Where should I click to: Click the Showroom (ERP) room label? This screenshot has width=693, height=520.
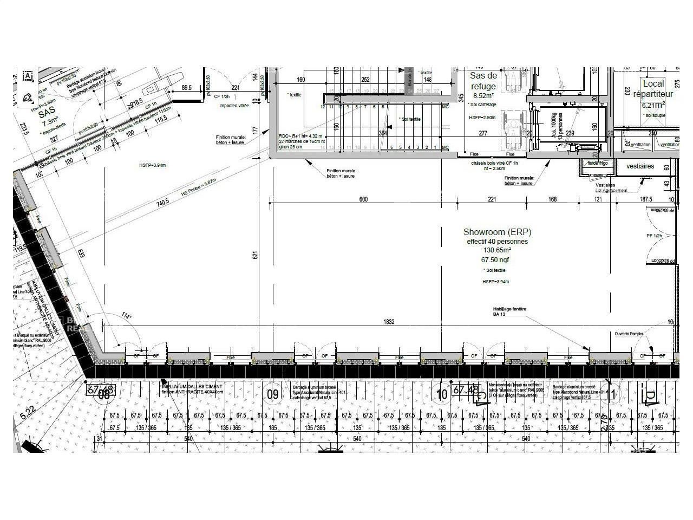coord(497,232)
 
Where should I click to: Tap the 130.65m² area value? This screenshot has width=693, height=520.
coord(497,251)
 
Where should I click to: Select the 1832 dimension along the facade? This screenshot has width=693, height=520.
coord(389,322)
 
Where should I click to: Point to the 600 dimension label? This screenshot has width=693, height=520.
coord(363,199)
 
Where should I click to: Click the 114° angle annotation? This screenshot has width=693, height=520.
coord(126,316)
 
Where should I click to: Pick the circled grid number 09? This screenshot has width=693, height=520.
coord(273,394)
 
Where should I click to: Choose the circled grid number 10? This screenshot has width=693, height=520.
coord(442,394)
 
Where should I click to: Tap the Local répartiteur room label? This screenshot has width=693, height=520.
coord(653,89)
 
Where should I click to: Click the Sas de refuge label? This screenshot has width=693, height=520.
coord(483,81)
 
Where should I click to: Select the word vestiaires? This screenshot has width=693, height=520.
coord(640,166)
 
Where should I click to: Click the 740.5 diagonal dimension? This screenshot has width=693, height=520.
coord(163,201)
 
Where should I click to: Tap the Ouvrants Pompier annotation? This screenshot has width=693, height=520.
coord(629,334)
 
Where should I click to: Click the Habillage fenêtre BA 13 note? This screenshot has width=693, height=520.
coord(509,311)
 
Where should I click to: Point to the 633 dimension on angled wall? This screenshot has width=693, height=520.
coord(81,253)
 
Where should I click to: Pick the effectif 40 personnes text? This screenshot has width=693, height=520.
coord(497,242)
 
